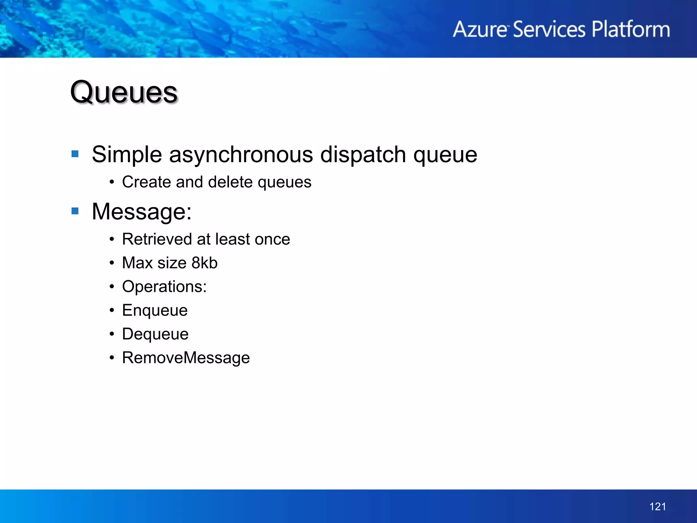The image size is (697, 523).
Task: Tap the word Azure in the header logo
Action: pyautogui.click(x=480, y=29)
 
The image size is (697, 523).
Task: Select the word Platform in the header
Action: pyautogui.click(x=631, y=29)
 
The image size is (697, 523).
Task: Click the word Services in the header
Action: pyautogui.click(x=549, y=29)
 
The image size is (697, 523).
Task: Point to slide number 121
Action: pyautogui.click(x=658, y=507)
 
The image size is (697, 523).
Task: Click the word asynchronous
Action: pyautogui.click(x=241, y=155)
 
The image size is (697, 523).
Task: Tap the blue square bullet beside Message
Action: pyautogui.click(x=75, y=211)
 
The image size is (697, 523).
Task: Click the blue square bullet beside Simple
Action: pyautogui.click(x=75, y=154)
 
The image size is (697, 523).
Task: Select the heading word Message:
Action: pyautogui.click(x=142, y=212)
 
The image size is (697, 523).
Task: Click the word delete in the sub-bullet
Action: pyautogui.click(x=230, y=182)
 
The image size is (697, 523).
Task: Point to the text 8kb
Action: pyautogui.click(x=204, y=263)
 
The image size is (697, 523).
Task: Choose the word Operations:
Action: pyautogui.click(x=164, y=287)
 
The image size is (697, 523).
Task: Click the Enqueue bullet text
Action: pyautogui.click(x=155, y=311)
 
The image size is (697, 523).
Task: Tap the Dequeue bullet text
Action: pyautogui.click(x=155, y=334)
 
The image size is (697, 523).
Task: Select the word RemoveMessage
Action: pyautogui.click(x=186, y=358)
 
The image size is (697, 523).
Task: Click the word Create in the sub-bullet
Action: pyautogui.click(x=147, y=182)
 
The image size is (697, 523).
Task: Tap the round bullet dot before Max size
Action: pyautogui.click(x=112, y=263)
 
